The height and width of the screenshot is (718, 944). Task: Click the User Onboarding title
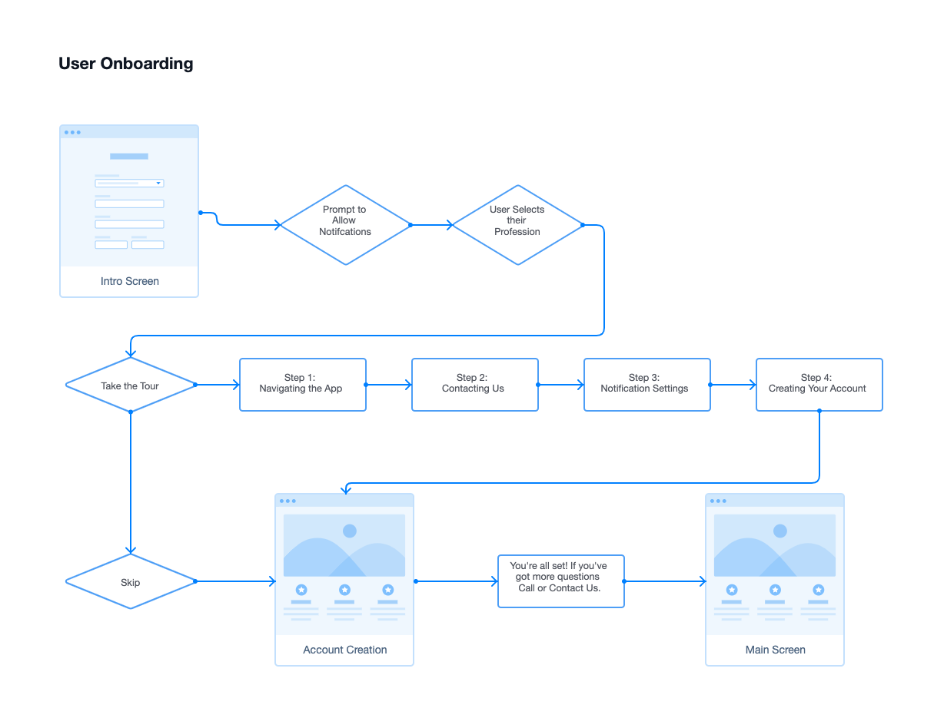(125, 64)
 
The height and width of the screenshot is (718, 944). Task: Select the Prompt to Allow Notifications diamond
(345, 224)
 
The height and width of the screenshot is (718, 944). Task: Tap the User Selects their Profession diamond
(517, 224)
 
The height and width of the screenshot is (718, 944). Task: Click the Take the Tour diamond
(130, 385)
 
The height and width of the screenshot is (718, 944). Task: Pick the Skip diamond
(130, 582)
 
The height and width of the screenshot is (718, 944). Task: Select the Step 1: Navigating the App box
(302, 384)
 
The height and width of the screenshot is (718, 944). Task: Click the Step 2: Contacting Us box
(474, 384)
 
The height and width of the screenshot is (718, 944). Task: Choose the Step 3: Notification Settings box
(647, 384)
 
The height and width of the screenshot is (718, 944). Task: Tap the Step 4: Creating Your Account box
(819, 384)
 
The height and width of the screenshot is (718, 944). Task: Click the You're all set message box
(560, 581)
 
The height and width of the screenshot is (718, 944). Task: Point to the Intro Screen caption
(129, 281)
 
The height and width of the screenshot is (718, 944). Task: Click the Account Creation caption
(344, 650)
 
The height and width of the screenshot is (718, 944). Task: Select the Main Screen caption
(775, 650)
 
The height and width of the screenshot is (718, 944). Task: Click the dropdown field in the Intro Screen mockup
(129, 184)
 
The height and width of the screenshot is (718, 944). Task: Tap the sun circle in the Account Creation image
(350, 531)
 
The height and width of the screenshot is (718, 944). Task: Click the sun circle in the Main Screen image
(780, 531)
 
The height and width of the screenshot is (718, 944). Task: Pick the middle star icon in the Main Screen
(775, 590)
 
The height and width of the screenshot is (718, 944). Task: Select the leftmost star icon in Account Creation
(301, 590)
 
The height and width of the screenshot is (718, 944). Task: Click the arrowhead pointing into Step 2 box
(407, 385)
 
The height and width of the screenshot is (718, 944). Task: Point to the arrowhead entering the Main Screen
(702, 581)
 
